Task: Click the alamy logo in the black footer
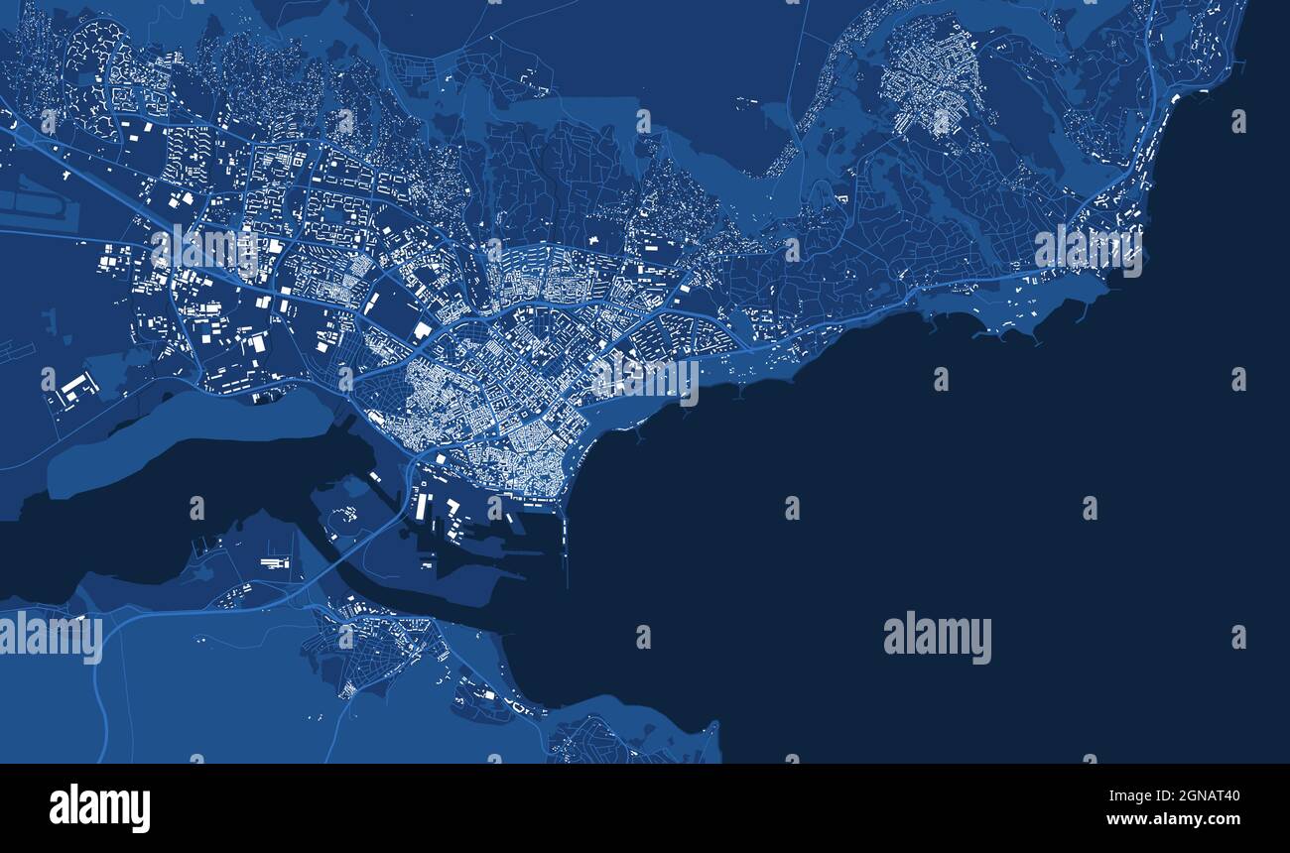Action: [99, 807]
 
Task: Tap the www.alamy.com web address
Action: [1172, 819]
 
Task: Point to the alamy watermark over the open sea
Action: [937, 638]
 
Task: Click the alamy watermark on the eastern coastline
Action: [1088, 251]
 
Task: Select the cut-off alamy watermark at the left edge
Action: [50, 637]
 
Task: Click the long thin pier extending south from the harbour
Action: [565, 546]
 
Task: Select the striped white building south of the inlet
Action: [275, 563]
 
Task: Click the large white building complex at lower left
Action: [75, 386]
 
